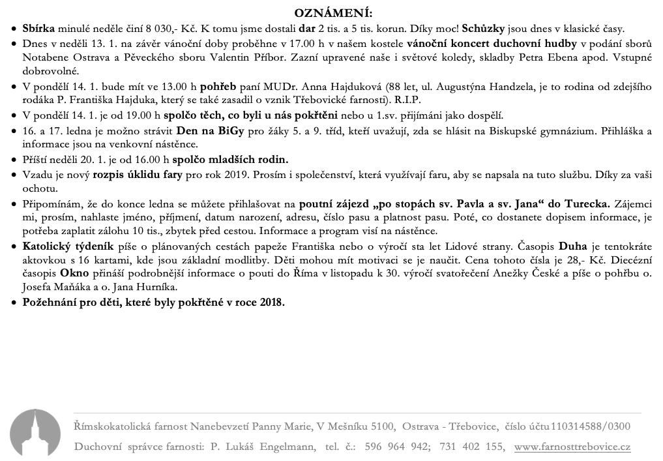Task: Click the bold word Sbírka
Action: pyautogui.click(x=38, y=29)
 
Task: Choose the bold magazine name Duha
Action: pyautogui.click(x=573, y=247)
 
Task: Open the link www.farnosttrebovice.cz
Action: pyautogui.click(x=572, y=447)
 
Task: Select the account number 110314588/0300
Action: pyautogui.click(x=591, y=427)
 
